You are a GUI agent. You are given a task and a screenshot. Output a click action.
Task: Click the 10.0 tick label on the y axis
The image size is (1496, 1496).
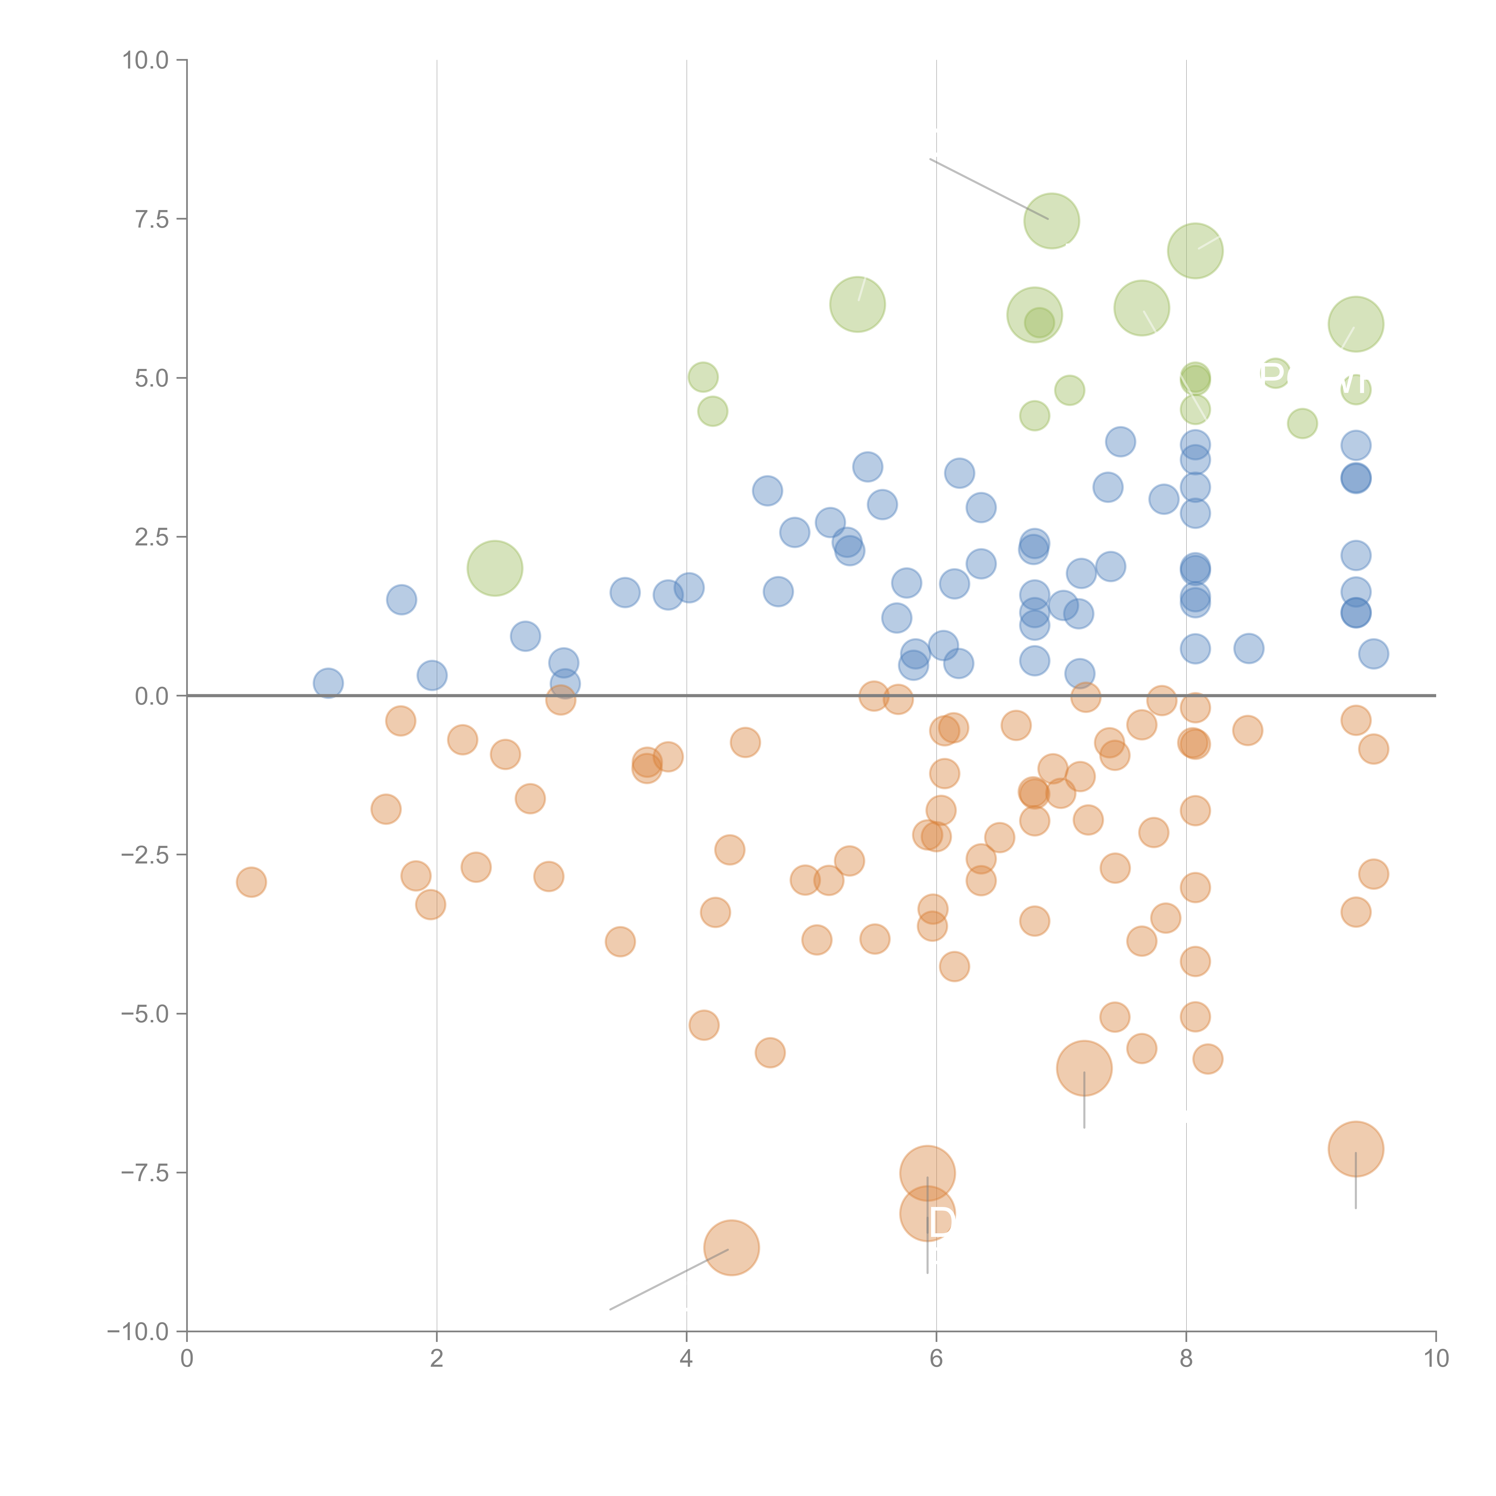[x=146, y=60]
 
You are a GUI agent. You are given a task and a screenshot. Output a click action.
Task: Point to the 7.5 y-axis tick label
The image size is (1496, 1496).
[x=152, y=219]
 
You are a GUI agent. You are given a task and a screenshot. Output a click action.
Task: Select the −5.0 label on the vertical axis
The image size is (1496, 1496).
[x=146, y=1014]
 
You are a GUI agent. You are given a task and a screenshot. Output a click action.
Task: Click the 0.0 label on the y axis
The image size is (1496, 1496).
[x=152, y=696]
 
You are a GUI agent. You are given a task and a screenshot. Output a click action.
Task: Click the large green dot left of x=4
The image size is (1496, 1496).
[x=495, y=568]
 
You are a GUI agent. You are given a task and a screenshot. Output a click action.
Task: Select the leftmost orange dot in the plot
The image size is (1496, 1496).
[x=251, y=882]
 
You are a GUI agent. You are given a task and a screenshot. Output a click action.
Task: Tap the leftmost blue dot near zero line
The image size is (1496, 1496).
[x=328, y=683]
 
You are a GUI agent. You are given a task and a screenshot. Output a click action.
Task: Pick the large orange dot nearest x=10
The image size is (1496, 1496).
[x=1355, y=1149]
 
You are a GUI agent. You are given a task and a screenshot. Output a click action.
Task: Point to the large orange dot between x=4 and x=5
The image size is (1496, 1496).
[x=731, y=1247]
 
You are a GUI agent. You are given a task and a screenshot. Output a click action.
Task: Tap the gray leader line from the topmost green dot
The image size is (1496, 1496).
[x=988, y=189]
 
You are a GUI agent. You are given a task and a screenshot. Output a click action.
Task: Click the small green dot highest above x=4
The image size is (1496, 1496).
[x=702, y=377]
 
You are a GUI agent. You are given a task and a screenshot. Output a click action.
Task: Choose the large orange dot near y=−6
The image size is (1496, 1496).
[x=1084, y=1068]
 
